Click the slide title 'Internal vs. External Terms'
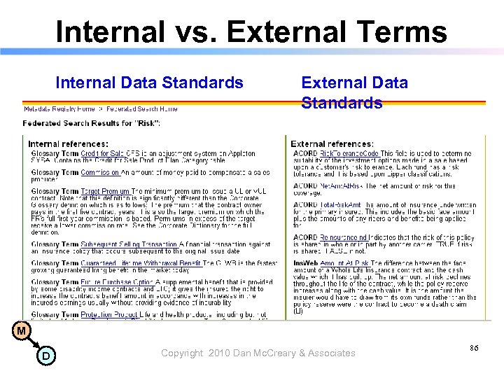251,31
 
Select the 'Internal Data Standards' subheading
149,83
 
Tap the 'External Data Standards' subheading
354,92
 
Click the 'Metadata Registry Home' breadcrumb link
59,108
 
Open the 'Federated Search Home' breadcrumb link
142,108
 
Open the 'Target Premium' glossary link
105,190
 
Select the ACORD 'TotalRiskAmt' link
343,205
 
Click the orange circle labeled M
22,330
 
